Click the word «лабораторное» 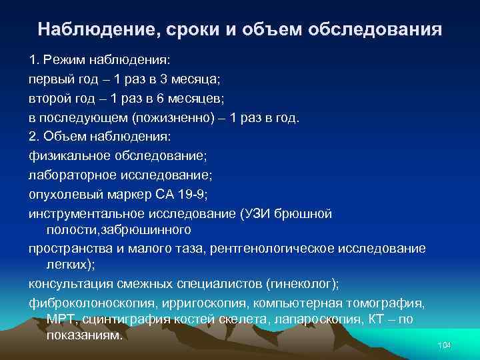pyautogui.click(x=73, y=175)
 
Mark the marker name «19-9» pyautogui.click(x=190, y=194)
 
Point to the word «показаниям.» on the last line pyautogui.click(x=85, y=335)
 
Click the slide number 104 pyautogui.click(x=444, y=345)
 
